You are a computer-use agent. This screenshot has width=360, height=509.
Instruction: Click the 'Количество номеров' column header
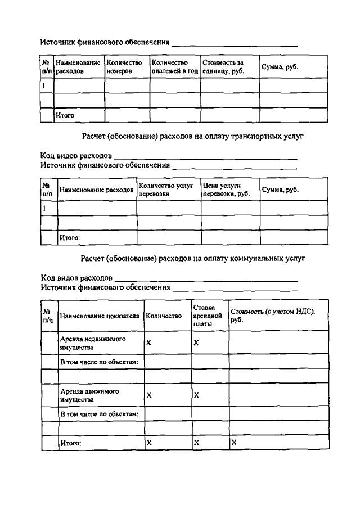124,67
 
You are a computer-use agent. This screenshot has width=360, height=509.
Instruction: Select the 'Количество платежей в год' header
174,67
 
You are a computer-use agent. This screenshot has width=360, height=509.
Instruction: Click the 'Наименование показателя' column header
100,316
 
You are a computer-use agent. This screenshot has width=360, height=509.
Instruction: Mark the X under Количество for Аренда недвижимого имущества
149,343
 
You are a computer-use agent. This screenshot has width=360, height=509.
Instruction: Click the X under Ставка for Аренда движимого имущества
197,395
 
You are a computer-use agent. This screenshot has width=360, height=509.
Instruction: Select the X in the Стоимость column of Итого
234,443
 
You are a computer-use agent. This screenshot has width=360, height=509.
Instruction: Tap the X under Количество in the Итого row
149,443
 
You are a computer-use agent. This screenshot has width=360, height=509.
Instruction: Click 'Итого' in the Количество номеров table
65,115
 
